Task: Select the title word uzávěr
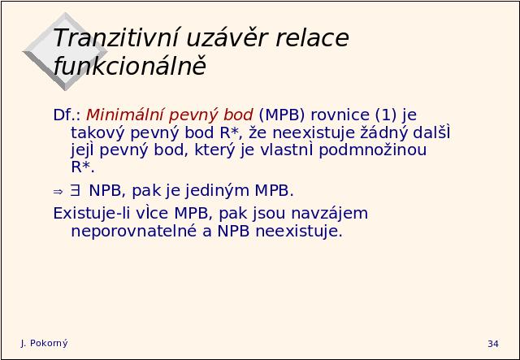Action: pyautogui.click(x=227, y=37)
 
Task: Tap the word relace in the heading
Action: pyautogui.click(x=312, y=38)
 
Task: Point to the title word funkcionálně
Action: pyautogui.click(x=130, y=65)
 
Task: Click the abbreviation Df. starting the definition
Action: pyautogui.click(x=67, y=115)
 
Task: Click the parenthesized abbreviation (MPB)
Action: pyautogui.click(x=282, y=115)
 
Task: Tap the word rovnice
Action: pyautogui.click(x=340, y=115)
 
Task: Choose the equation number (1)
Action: pyautogui.click(x=386, y=115)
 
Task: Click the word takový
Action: pyautogui.click(x=97, y=133)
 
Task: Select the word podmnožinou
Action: pyautogui.click(x=372, y=150)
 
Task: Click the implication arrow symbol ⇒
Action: pyautogui.click(x=58, y=192)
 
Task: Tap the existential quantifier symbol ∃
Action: pyautogui.click(x=75, y=190)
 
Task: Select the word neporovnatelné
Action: pyautogui.click(x=134, y=232)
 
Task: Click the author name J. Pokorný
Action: pyautogui.click(x=44, y=344)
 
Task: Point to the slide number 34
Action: pyautogui.click(x=493, y=344)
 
